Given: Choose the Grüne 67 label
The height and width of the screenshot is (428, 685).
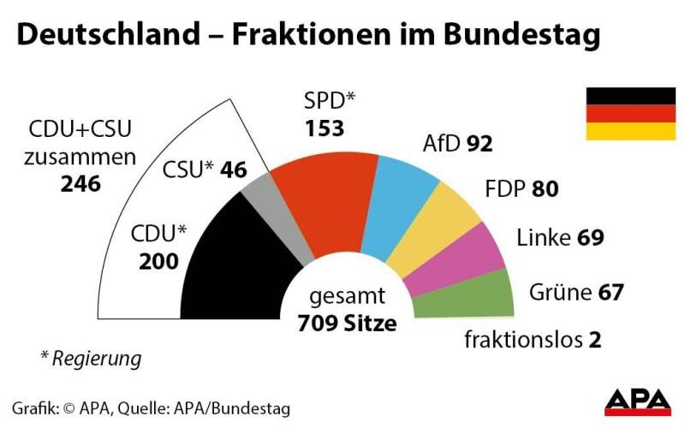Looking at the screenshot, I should (575, 292).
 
